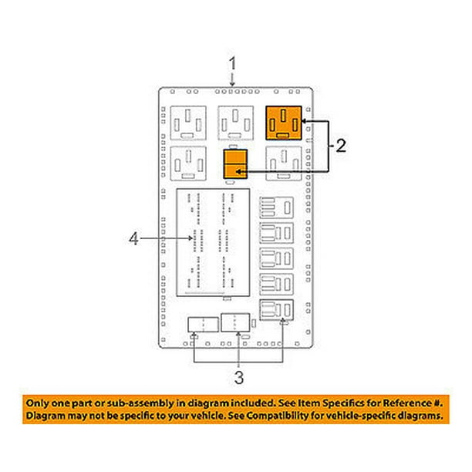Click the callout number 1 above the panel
[x=232, y=63]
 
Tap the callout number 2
[x=340, y=146]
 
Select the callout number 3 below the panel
[x=239, y=377]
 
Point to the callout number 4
[x=133, y=239]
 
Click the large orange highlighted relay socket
[x=284, y=123]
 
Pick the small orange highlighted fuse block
[x=235, y=164]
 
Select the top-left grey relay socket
[x=188, y=123]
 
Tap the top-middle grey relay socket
[x=236, y=123]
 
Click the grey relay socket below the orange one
[x=284, y=164]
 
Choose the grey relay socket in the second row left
[x=188, y=164]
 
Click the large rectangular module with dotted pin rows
[x=213, y=243]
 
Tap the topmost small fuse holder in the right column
[x=276, y=207]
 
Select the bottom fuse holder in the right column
[x=276, y=310]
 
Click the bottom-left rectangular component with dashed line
[x=203, y=325]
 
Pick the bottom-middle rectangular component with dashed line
[x=235, y=322]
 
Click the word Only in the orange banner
[x=37, y=403]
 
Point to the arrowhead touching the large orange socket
[x=305, y=121]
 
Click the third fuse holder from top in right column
[x=276, y=258]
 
